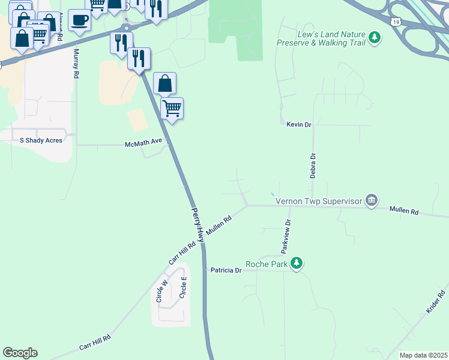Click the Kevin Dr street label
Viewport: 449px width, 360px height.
coord(299,124)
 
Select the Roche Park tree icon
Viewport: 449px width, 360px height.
coord(296,263)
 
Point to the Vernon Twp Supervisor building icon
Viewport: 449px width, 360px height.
coord(372,200)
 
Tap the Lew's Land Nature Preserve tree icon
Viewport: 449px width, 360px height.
coord(375,38)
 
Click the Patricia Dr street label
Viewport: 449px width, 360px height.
coord(226,271)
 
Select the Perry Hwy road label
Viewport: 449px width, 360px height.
coord(197,225)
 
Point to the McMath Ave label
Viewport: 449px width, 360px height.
coord(143,144)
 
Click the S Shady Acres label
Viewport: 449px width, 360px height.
coord(41,140)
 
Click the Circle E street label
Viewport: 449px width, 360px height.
coord(184,287)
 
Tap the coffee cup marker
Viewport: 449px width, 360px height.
coord(79,21)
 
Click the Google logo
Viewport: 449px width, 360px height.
coord(20,353)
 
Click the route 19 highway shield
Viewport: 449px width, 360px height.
coord(394,22)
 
